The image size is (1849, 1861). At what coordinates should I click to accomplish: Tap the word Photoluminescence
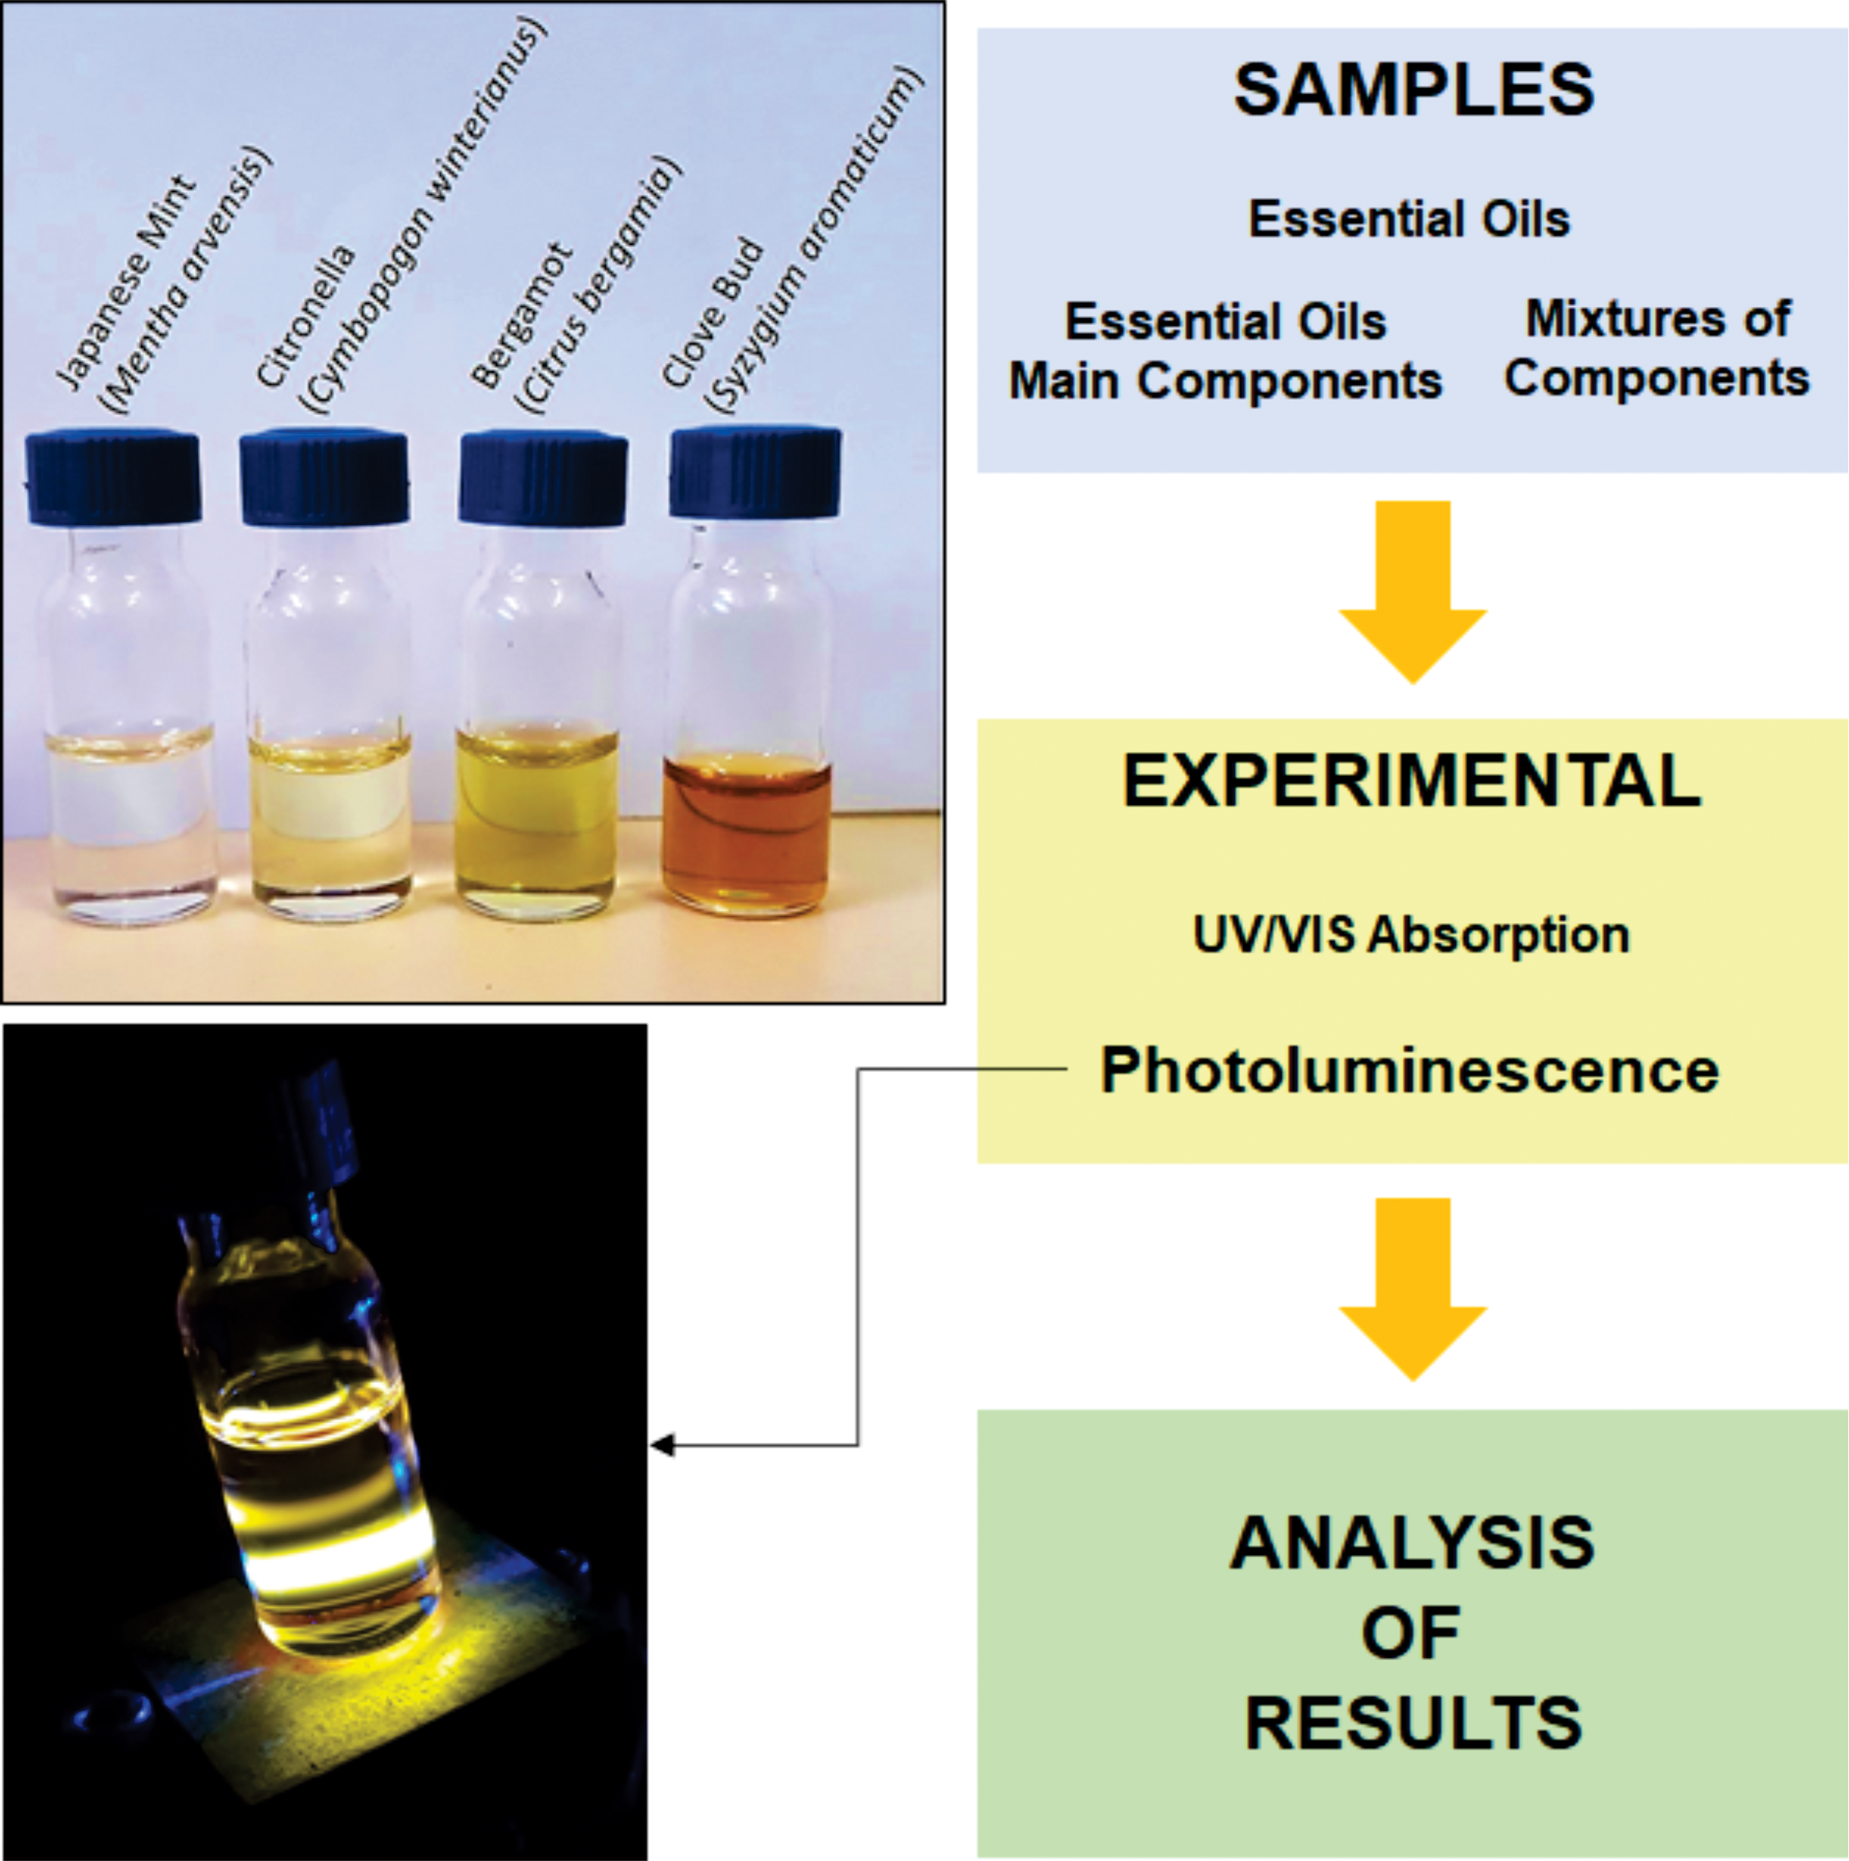(1410, 1070)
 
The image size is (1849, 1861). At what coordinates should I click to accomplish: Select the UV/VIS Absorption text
(1411, 934)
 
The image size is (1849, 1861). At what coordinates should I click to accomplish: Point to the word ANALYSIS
(1413, 1543)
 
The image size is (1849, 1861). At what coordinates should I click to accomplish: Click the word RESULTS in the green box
(1413, 1724)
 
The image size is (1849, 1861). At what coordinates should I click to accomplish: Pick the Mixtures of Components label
(1657, 348)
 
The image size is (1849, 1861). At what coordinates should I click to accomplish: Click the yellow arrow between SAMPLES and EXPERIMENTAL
(1413, 591)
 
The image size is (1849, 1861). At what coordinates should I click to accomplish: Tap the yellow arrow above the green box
(1413, 1290)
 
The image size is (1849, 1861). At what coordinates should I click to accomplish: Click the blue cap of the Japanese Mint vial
(114, 478)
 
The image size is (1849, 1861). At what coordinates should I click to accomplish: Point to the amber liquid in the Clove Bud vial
(746, 834)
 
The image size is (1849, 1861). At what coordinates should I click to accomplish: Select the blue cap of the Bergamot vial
(543, 479)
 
